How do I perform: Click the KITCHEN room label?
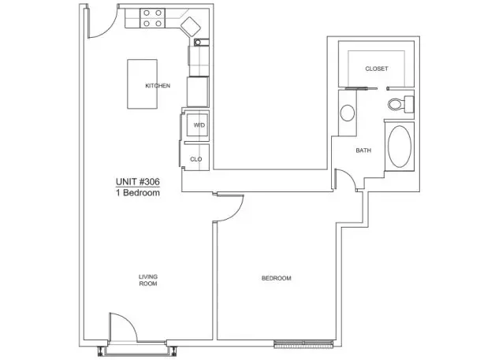(158, 86)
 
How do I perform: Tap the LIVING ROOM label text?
(148, 280)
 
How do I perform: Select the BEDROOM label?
(276, 278)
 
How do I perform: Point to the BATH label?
(363, 150)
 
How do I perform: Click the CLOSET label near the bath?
(377, 69)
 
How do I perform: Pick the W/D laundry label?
(199, 125)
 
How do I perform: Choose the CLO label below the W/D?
(196, 159)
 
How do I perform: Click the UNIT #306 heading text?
(138, 182)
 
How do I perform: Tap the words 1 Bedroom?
(138, 193)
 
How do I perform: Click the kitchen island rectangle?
(143, 84)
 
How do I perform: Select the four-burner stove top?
(152, 18)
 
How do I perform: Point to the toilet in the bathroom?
(400, 104)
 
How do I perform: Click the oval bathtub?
(400, 147)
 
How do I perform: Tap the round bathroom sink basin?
(347, 113)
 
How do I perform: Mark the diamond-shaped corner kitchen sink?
(191, 27)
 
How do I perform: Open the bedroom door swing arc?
(236, 213)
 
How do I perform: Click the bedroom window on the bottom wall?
(303, 344)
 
